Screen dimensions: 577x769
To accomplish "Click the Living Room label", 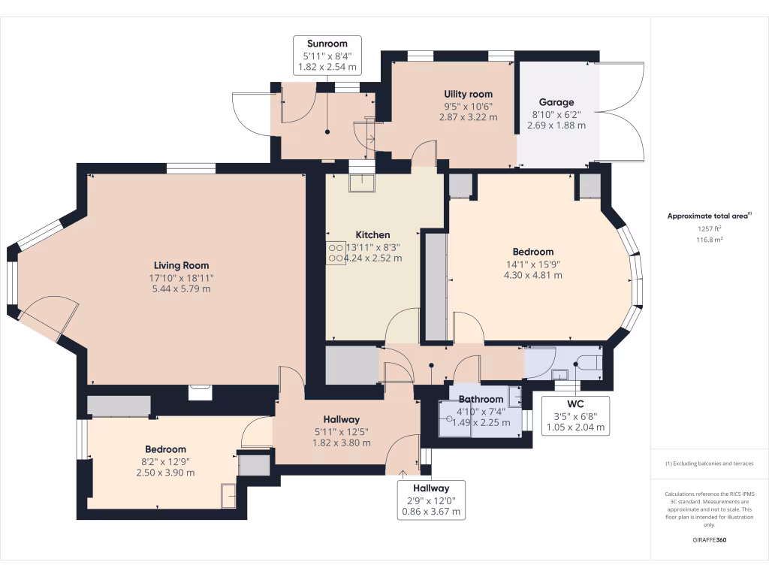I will (181, 265).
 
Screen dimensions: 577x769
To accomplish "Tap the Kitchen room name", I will (372, 235).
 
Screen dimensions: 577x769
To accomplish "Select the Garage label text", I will (556, 102).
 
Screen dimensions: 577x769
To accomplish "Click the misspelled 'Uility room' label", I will (468, 94).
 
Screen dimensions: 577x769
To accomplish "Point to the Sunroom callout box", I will (327, 56).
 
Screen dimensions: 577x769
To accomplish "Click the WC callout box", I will (574, 415).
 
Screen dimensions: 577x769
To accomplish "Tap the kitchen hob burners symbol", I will (335, 254).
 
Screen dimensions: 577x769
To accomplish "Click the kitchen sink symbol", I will (361, 183).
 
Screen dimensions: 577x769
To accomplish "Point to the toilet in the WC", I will (590, 364).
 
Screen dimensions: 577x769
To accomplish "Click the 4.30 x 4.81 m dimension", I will (532, 275).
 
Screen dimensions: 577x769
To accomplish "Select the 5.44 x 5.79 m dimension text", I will (181, 288).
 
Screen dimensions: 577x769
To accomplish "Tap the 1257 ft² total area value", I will (709, 228).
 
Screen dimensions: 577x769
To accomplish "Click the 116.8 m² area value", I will (709, 240).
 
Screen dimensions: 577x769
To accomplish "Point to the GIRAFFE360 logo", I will (709, 539).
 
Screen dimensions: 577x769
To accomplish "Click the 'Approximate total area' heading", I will (708, 216).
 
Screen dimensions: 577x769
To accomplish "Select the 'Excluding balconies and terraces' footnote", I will (709, 464).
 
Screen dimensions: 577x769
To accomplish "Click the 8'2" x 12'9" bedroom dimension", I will (165, 461).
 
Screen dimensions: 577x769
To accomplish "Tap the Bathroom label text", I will (481, 399).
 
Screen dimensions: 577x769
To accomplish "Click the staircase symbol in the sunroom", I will (367, 132).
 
